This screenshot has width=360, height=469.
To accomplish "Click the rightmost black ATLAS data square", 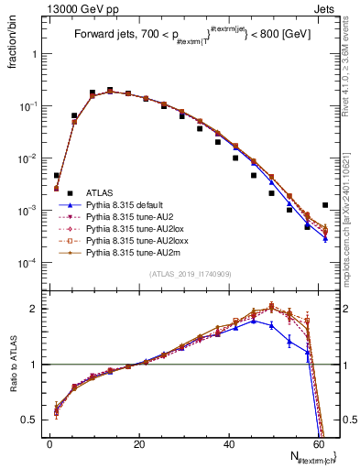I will coord(325,205).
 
